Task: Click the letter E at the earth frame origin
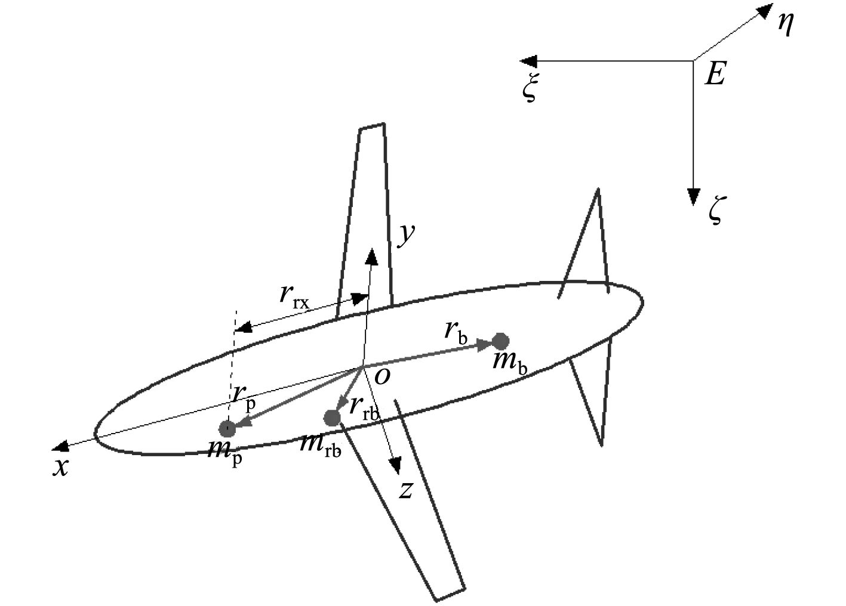click(x=715, y=75)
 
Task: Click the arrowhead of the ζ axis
click(x=693, y=197)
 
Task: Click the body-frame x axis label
click(x=60, y=467)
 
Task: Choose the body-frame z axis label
click(x=406, y=490)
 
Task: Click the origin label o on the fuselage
click(x=382, y=375)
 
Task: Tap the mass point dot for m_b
click(x=500, y=342)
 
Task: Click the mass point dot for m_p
click(x=227, y=428)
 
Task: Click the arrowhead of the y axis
click(x=372, y=256)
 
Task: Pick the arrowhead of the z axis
click(x=395, y=466)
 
